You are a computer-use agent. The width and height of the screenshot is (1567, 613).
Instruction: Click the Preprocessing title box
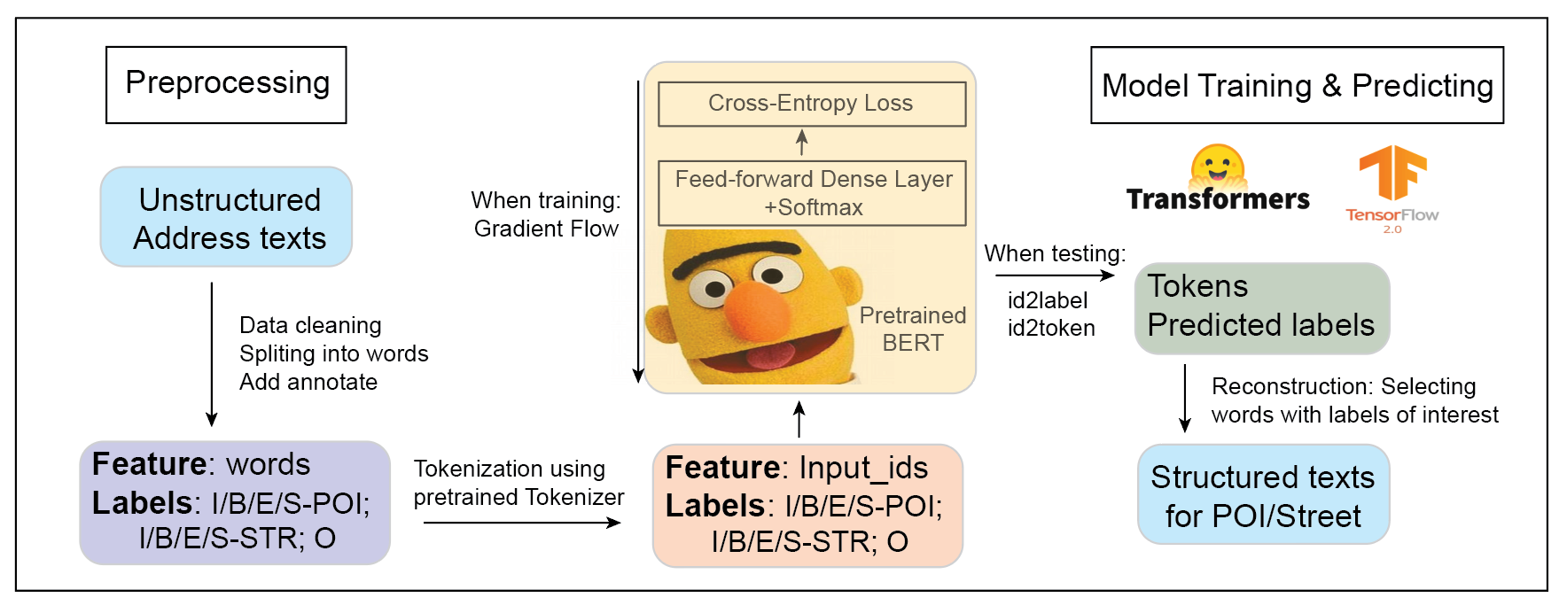coord(226,85)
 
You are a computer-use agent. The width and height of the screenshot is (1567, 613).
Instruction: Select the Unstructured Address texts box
coord(227,218)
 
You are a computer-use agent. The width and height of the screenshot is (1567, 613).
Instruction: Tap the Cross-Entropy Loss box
coord(811,104)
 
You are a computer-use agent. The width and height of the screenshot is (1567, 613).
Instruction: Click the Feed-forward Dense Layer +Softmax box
coord(812,193)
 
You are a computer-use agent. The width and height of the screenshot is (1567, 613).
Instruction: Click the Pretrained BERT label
coord(912,329)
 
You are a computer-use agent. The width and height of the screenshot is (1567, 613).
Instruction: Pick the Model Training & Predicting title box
coord(1297,85)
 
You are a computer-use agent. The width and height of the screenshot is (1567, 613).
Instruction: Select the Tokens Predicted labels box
coord(1261,308)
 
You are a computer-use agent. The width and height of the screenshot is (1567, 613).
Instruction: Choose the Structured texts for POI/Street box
coord(1263,495)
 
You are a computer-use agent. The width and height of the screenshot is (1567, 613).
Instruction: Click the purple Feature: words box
coord(235,502)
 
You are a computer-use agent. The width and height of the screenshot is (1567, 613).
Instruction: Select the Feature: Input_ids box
coord(807,505)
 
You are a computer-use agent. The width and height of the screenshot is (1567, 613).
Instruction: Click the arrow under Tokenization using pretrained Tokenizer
coord(522,523)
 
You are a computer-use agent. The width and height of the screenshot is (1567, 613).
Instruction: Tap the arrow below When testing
coord(1054,275)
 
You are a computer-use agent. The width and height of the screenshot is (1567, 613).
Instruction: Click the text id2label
coord(1047,301)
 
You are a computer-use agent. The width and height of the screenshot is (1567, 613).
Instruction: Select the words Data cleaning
coord(310,325)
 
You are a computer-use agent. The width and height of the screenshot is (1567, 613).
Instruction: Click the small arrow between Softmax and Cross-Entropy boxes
coord(802,143)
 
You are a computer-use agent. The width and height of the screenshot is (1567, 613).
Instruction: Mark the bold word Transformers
coord(1218,199)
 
